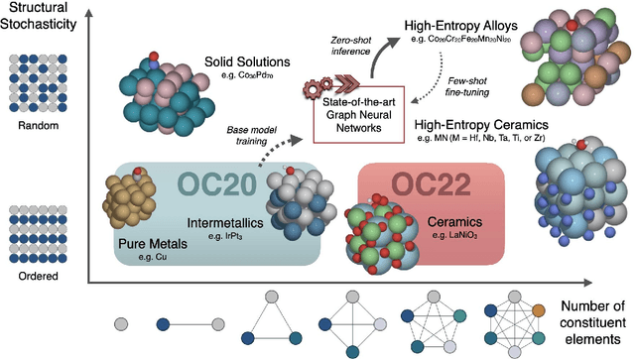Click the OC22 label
point(434,185)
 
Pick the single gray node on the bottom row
point(121,323)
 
